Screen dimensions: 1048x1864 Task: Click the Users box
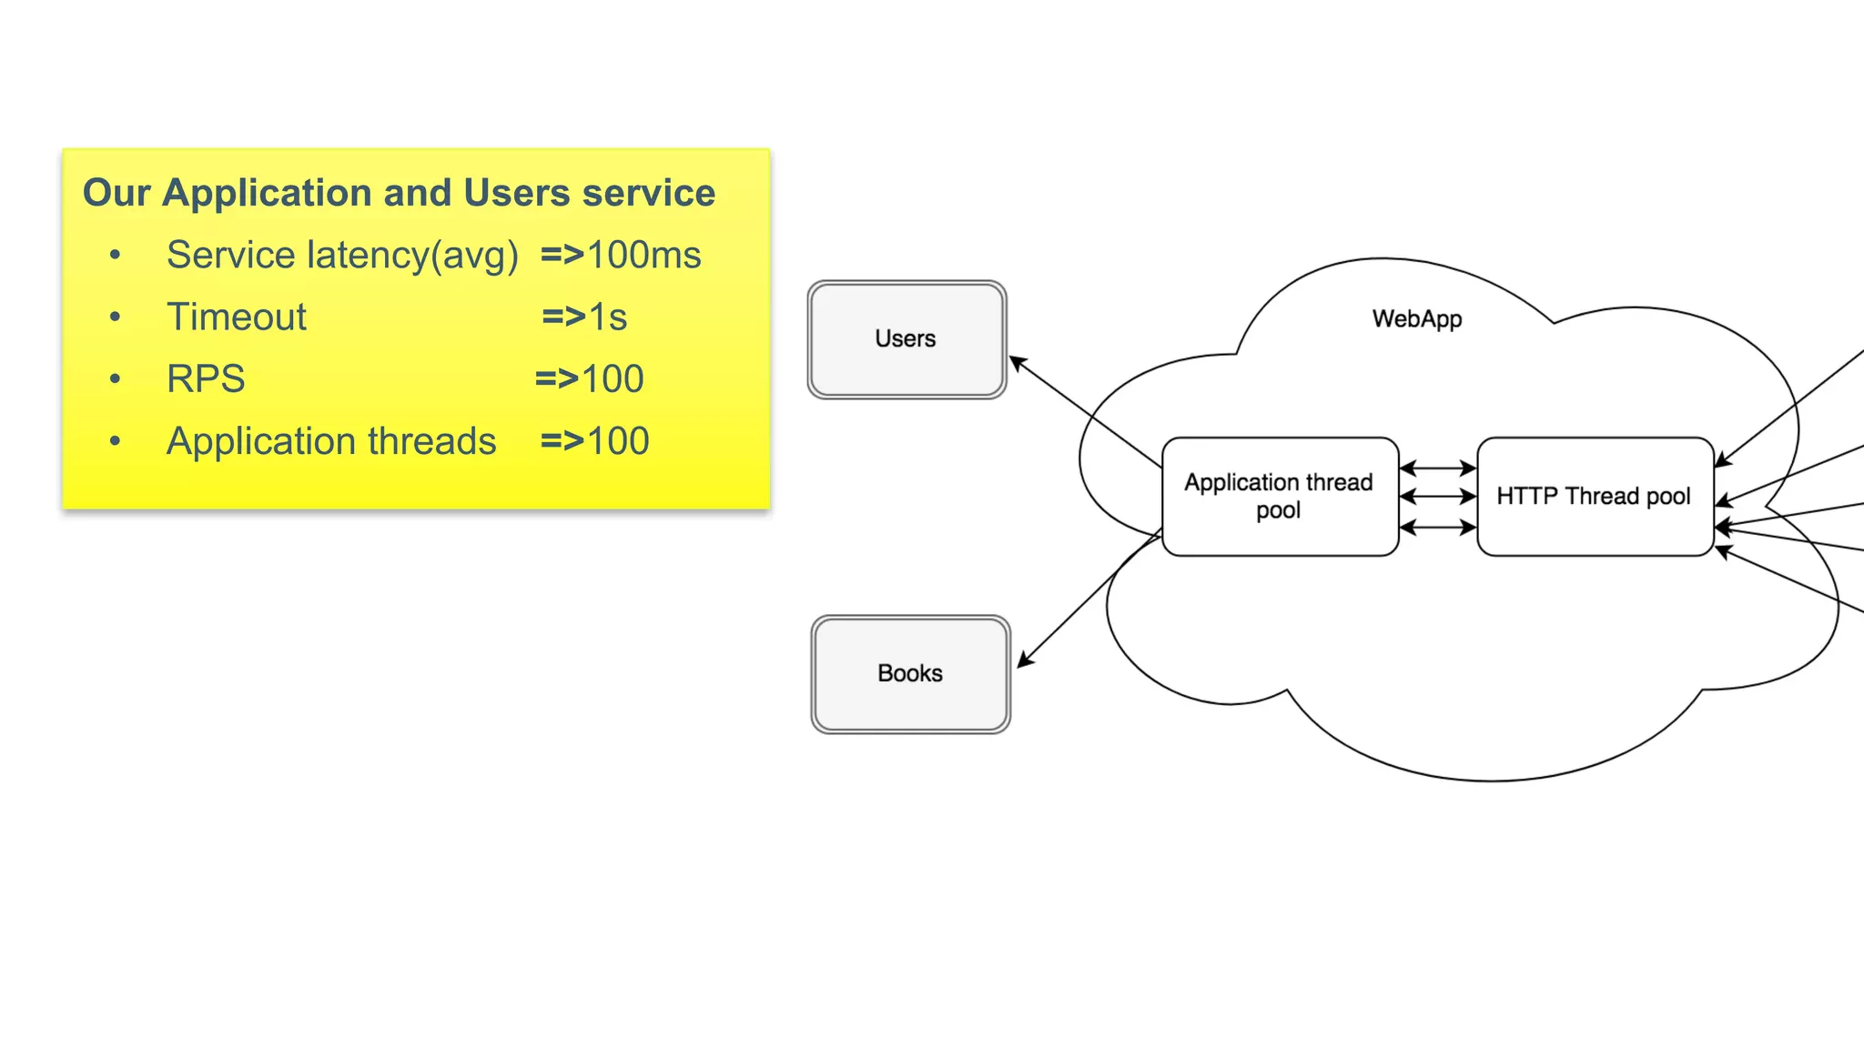[907, 339]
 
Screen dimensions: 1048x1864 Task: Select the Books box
[910, 674]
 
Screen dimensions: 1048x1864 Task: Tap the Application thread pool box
[1279, 497]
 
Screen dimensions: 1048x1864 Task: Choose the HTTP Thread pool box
[1594, 497]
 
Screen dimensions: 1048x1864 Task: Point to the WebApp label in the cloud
[1417, 319]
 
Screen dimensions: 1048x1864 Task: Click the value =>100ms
[621, 256]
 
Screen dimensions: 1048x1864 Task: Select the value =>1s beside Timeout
[584, 317]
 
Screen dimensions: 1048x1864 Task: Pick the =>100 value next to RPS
[590, 379]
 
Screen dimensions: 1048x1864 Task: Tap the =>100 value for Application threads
[594, 441]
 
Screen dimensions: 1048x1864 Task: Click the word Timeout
[237, 317]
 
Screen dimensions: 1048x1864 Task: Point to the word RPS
[206, 379]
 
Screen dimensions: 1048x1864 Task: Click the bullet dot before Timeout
[115, 317]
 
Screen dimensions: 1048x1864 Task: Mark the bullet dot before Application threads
[115, 441]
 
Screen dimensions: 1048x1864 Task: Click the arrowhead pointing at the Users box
[1017, 362]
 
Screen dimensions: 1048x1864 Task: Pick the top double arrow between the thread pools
[1437, 469]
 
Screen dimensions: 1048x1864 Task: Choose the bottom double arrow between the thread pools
[1437, 527]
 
